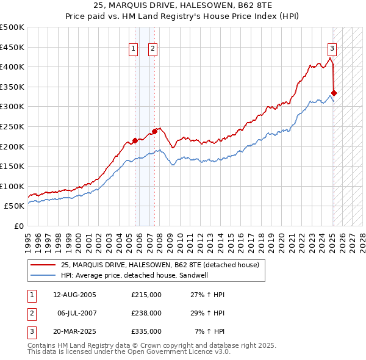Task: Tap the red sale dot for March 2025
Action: [334, 93]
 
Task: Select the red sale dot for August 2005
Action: [135, 140]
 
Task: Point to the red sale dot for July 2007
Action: [154, 131]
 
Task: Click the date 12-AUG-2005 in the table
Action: [75, 295]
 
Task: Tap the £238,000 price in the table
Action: [146, 313]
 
